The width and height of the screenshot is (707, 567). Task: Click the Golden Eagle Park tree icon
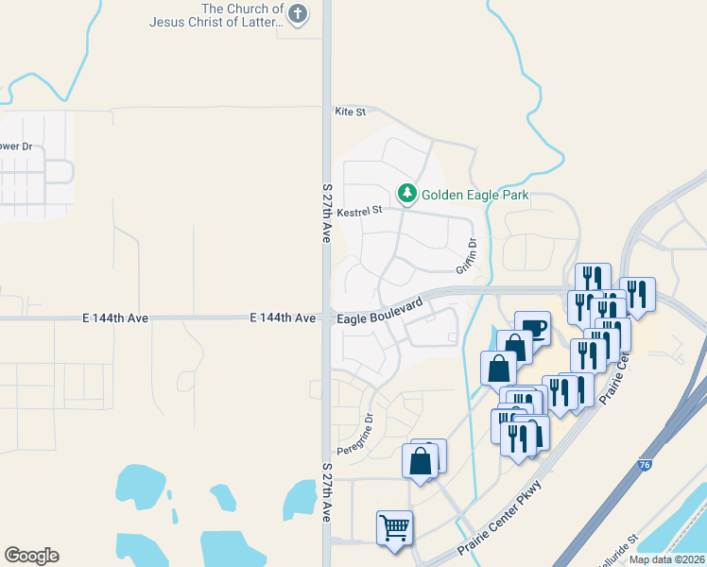point(407,194)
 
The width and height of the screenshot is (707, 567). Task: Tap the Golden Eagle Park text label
point(474,195)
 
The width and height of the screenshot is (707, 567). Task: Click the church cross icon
point(298,13)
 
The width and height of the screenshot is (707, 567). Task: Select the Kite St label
point(350,112)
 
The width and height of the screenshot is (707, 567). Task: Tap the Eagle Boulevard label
point(379,313)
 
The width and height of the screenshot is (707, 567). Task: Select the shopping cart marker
point(395,528)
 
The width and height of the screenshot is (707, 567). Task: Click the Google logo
point(31,556)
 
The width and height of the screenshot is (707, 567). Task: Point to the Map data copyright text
point(667,559)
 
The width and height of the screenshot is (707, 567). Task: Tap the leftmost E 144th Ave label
point(114,319)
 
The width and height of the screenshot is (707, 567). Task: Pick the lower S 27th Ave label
point(327,492)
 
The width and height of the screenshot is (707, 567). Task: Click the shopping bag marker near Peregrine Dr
point(421,462)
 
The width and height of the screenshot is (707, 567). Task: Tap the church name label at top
point(216,15)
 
